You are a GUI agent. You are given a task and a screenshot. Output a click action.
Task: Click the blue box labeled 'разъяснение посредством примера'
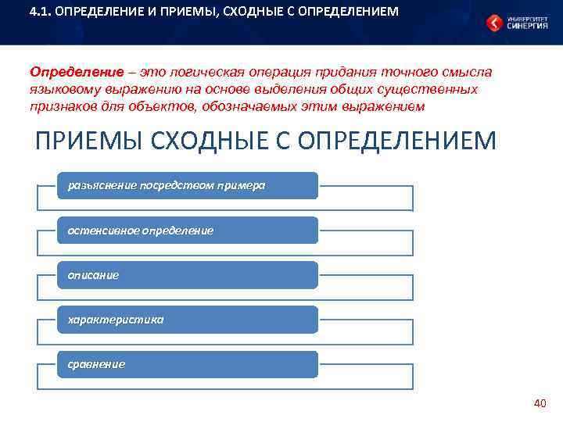click(187, 185)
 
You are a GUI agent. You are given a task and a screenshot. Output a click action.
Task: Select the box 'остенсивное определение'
click(187, 231)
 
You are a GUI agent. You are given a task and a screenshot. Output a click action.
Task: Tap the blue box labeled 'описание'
click(187, 275)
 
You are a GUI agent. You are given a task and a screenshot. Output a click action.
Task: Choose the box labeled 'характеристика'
click(187, 320)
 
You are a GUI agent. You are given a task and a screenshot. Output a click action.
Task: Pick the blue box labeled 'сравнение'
click(187, 364)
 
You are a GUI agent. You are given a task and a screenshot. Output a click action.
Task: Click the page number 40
click(539, 403)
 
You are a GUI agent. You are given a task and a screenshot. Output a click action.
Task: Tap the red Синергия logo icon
click(494, 23)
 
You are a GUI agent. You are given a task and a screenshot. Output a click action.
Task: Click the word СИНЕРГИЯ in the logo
click(528, 26)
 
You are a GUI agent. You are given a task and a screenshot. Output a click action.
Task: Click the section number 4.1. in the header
click(40, 12)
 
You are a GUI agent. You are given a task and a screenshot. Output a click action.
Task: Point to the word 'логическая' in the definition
click(188, 72)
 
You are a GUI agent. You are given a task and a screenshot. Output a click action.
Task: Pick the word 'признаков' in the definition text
click(63, 106)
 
